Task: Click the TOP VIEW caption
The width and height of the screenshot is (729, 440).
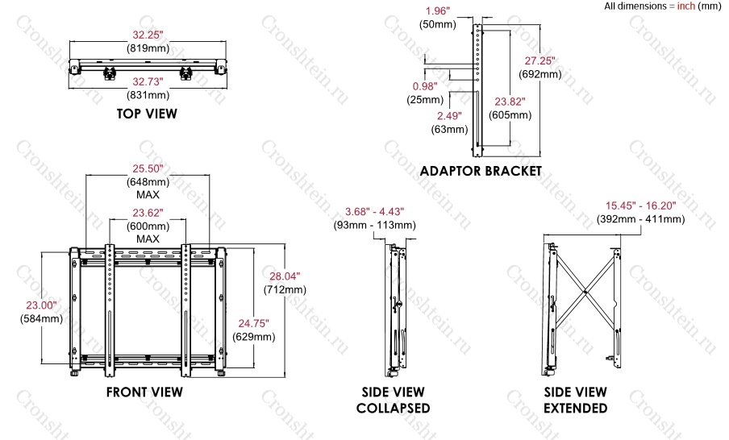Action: [147, 114]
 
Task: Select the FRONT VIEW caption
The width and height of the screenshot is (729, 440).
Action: [144, 392]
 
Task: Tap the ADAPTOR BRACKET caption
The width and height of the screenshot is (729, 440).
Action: [481, 171]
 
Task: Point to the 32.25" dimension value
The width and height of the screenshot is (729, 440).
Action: [148, 35]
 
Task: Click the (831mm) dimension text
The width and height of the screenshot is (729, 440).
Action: [148, 95]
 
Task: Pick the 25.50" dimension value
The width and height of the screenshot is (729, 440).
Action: [148, 168]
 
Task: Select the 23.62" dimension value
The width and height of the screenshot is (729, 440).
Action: [148, 213]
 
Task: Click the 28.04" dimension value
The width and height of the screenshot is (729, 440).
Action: [285, 276]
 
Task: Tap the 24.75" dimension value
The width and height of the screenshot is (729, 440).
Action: [254, 323]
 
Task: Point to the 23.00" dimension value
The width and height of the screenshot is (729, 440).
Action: [41, 305]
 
